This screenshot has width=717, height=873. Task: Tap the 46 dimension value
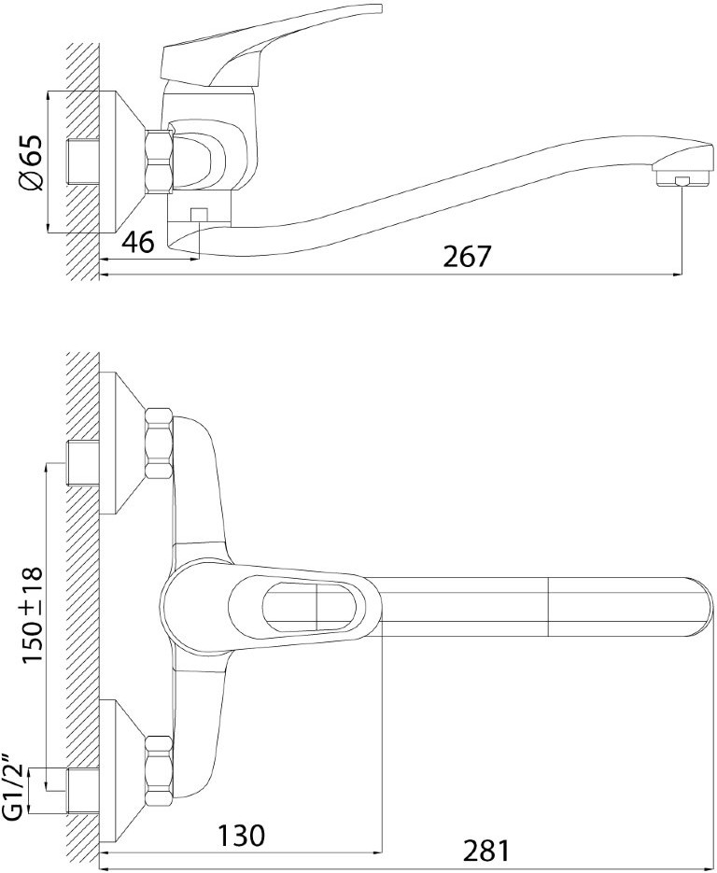tap(137, 242)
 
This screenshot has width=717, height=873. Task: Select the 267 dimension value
tap(468, 257)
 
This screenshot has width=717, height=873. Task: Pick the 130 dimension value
tap(241, 835)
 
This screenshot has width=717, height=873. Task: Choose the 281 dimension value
tap(486, 851)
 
